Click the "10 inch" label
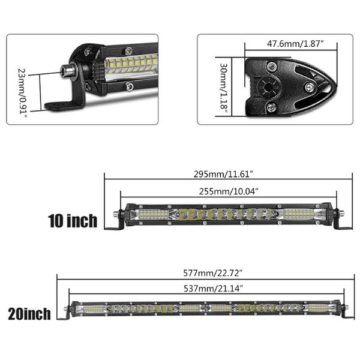click(x=73, y=221)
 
